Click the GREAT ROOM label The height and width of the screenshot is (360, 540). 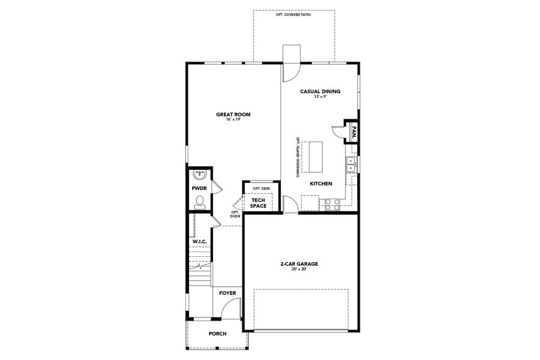[x=233, y=114]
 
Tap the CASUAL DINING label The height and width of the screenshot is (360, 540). [x=320, y=92]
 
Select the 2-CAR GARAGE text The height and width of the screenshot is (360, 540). [x=298, y=263]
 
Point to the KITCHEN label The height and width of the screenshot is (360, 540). [x=321, y=184]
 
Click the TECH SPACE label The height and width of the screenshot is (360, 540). [x=259, y=203]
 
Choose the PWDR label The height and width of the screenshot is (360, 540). [x=199, y=188]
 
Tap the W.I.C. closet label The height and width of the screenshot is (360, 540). [x=199, y=241]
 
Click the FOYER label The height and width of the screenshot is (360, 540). [x=227, y=293]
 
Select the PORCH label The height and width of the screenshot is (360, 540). [x=217, y=334]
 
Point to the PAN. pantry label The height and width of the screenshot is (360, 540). [x=354, y=131]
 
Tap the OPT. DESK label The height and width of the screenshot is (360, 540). [x=262, y=188]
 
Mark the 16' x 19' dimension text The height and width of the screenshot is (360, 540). [x=233, y=120]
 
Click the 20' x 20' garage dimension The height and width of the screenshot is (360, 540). [x=298, y=269]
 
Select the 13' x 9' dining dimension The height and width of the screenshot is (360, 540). [x=320, y=97]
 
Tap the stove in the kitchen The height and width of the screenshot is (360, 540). [x=332, y=204]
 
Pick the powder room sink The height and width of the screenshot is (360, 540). [x=200, y=175]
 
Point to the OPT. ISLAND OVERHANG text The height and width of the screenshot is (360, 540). [x=298, y=157]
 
